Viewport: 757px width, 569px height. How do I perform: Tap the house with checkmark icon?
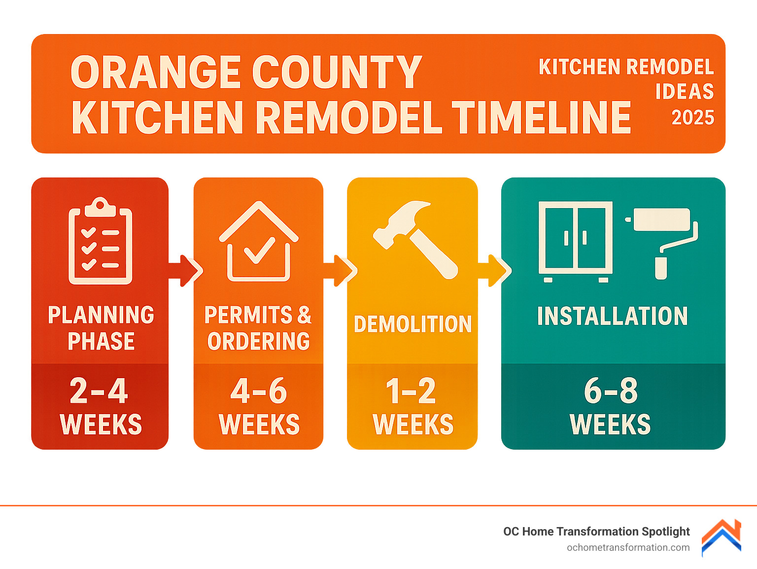pyautogui.click(x=259, y=242)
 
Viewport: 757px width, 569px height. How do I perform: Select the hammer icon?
pyautogui.click(x=415, y=239)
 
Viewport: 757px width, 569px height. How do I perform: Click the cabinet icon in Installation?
pyautogui.click(x=576, y=241)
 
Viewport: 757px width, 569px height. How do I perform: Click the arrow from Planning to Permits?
pyautogui.click(x=185, y=270)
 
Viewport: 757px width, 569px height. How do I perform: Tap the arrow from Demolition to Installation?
pyautogui.click(x=495, y=270)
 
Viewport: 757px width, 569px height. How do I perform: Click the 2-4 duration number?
pyautogui.click(x=99, y=391)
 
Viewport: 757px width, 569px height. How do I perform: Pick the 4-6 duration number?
pyautogui.click(x=259, y=391)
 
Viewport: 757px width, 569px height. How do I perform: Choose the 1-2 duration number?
pyautogui.click(x=411, y=391)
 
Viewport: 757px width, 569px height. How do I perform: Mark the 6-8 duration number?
pyautogui.click(x=611, y=391)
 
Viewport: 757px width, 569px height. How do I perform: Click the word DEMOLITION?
pyautogui.click(x=413, y=324)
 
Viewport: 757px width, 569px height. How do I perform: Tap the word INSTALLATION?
pyautogui.click(x=612, y=316)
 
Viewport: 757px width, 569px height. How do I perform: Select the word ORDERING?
pyautogui.click(x=259, y=341)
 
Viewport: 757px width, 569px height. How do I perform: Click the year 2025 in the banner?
pyautogui.click(x=693, y=117)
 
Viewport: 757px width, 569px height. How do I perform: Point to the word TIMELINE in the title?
pyautogui.click(x=541, y=118)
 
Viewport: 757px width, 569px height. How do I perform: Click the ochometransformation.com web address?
pyautogui.click(x=628, y=547)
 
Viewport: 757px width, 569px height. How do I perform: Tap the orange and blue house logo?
pyautogui.click(x=722, y=538)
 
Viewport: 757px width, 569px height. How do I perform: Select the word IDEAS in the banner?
pyautogui.click(x=685, y=92)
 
